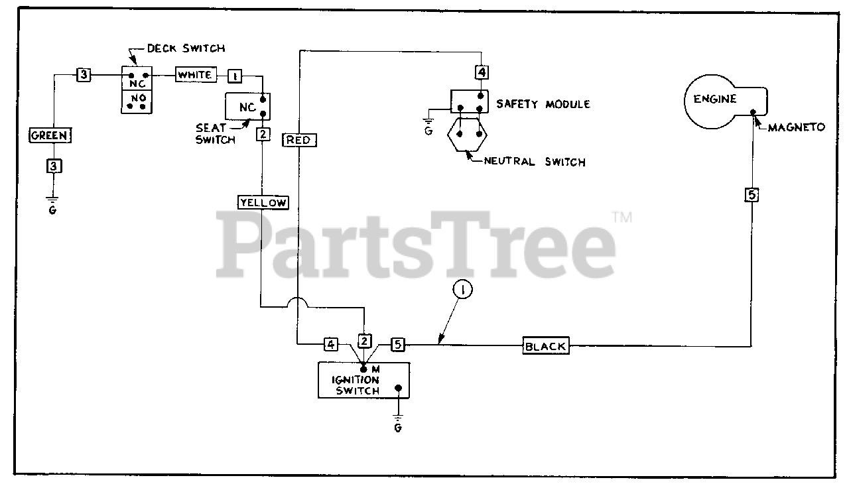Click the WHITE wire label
click(x=194, y=75)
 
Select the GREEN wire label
click(x=49, y=135)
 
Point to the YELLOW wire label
click(x=263, y=202)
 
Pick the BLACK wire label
click(x=545, y=345)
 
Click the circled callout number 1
click(x=462, y=290)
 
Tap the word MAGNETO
click(x=796, y=127)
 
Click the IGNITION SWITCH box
click(x=363, y=381)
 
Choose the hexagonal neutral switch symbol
click(x=468, y=134)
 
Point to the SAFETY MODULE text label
click(x=543, y=104)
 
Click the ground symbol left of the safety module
click(x=429, y=123)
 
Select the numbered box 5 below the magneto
click(x=751, y=195)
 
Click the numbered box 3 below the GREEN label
click(x=54, y=166)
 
